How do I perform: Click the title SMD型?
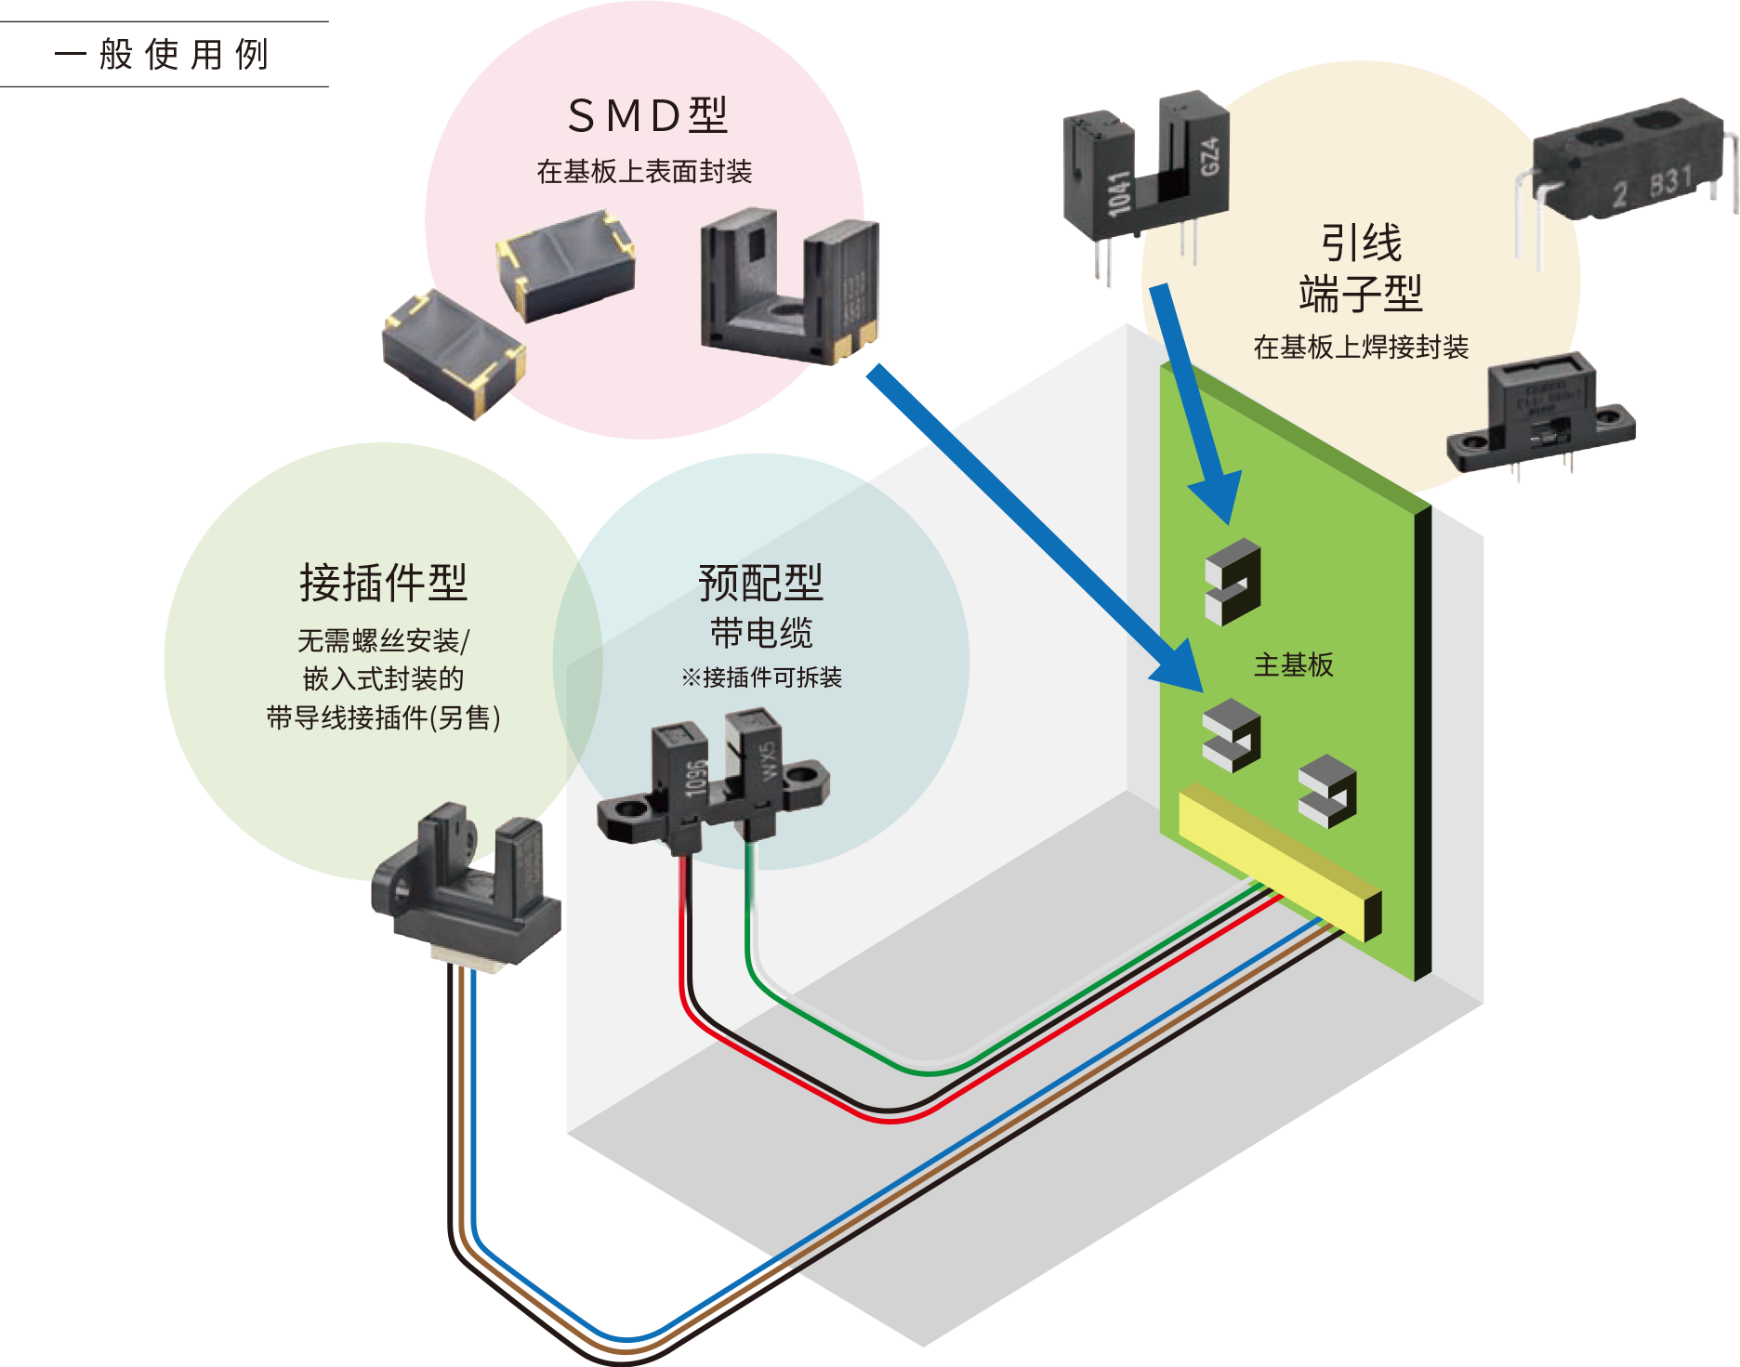(647, 116)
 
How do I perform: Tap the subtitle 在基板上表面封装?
(644, 172)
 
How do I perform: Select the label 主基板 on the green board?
(1293, 664)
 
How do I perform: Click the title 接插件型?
(383, 583)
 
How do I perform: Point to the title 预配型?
(760, 583)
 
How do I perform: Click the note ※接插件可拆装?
(761, 677)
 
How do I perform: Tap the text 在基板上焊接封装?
(1361, 348)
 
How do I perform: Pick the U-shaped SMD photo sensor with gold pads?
(790, 288)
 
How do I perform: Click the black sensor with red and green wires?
(712, 781)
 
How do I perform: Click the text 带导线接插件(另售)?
(383, 718)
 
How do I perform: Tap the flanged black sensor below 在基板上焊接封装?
(1538, 418)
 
